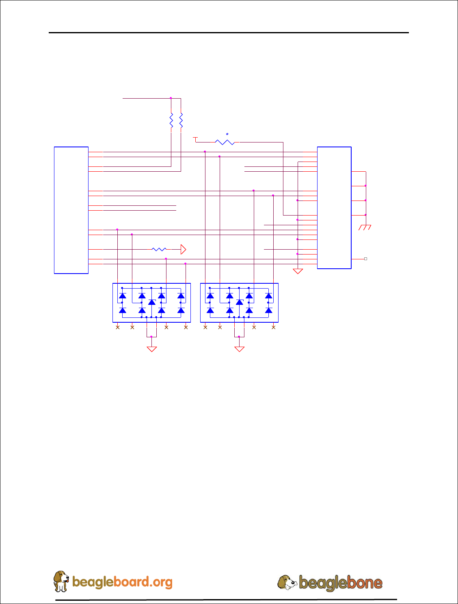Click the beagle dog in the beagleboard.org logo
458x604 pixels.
(x=61, y=581)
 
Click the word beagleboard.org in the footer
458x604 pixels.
(x=122, y=582)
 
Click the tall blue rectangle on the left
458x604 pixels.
(x=71, y=210)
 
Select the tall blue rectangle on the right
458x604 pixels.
(x=334, y=207)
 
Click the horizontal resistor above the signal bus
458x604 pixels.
(x=225, y=142)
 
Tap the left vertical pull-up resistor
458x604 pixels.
(x=171, y=120)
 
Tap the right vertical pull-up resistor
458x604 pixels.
(x=181, y=120)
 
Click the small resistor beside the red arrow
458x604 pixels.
(x=159, y=249)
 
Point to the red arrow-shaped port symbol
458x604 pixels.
(x=183, y=249)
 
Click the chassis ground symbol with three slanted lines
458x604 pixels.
(x=365, y=227)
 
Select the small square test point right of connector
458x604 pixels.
(x=365, y=259)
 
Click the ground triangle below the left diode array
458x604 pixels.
(x=151, y=349)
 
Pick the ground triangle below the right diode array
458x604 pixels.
(x=239, y=349)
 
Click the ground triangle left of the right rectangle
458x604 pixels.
(x=298, y=271)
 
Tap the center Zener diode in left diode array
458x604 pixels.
(x=151, y=302)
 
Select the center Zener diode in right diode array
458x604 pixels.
(x=239, y=302)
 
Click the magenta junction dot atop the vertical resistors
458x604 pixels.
(x=171, y=98)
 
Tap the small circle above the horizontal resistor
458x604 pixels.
(x=227, y=134)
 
